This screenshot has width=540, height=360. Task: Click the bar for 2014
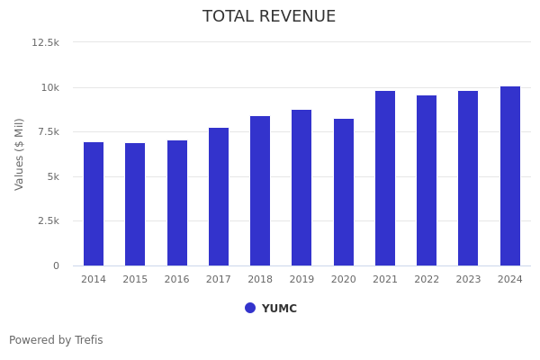(x=94, y=203)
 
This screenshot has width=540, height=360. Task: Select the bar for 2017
(x=219, y=196)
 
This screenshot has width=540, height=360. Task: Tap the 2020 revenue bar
(x=344, y=192)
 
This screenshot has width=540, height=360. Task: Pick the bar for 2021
(x=385, y=178)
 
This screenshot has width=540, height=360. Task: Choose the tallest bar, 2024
(x=510, y=175)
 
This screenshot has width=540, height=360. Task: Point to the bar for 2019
(x=301, y=187)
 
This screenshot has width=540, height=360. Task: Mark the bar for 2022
(x=427, y=180)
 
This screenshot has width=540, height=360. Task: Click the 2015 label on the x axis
(x=135, y=280)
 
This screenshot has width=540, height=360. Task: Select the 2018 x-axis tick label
(x=260, y=280)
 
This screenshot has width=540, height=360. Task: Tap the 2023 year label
(x=468, y=280)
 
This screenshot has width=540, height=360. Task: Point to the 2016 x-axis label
(x=176, y=280)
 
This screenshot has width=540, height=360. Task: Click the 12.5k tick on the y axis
(x=46, y=42)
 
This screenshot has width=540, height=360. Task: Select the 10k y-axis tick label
(x=49, y=87)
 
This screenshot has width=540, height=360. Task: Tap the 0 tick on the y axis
(x=56, y=265)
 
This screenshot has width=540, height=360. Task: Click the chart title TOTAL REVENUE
(x=269, y=17)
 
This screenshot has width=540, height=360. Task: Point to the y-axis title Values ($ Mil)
(x=20, y=154)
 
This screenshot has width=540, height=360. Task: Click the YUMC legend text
(x=279, y=309)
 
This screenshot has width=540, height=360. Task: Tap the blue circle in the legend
(x=250, y=308)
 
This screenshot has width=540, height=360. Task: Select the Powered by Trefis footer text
(x=56, y=340)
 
